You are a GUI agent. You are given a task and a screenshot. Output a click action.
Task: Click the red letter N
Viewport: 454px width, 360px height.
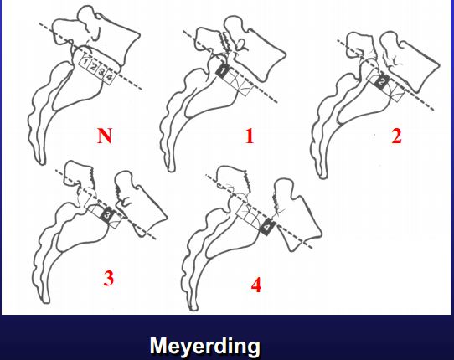(x=104, y=136)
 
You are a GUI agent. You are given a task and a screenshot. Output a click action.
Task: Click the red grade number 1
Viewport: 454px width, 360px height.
(x=249, y=136)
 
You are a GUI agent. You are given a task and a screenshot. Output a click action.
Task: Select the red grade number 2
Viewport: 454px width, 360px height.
(x=396, y=136)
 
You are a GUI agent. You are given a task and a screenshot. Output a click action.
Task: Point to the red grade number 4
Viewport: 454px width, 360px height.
(x=255, y=285)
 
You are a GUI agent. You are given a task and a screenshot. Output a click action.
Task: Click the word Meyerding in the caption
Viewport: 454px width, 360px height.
(x=204, y=345)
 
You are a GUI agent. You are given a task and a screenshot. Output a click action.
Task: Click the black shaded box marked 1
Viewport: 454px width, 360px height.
(x=223, y=74)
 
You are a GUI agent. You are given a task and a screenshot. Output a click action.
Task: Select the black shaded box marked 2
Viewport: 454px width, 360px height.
(x=380, y=82)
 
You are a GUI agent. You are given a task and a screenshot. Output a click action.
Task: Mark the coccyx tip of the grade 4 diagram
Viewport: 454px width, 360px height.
(x=194, y=306)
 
